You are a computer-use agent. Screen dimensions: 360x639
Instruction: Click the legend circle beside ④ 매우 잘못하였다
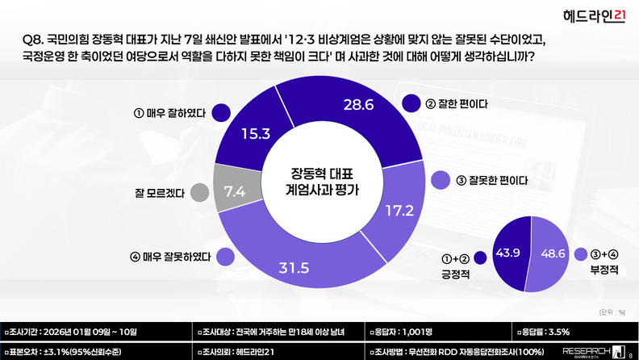227,258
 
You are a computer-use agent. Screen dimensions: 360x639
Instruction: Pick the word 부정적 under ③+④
604,272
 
